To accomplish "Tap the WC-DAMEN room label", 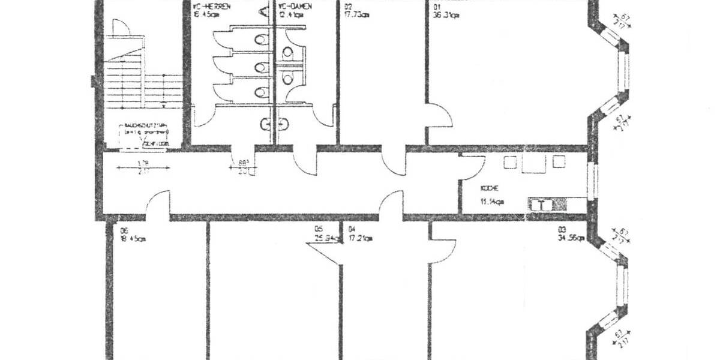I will [295, 8].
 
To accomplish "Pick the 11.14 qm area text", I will [491, 202].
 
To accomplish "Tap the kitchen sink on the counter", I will [542, 205].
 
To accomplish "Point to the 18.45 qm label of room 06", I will [133, 239].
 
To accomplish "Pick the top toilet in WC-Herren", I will [260, 41].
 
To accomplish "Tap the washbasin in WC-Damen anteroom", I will [283, 124].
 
